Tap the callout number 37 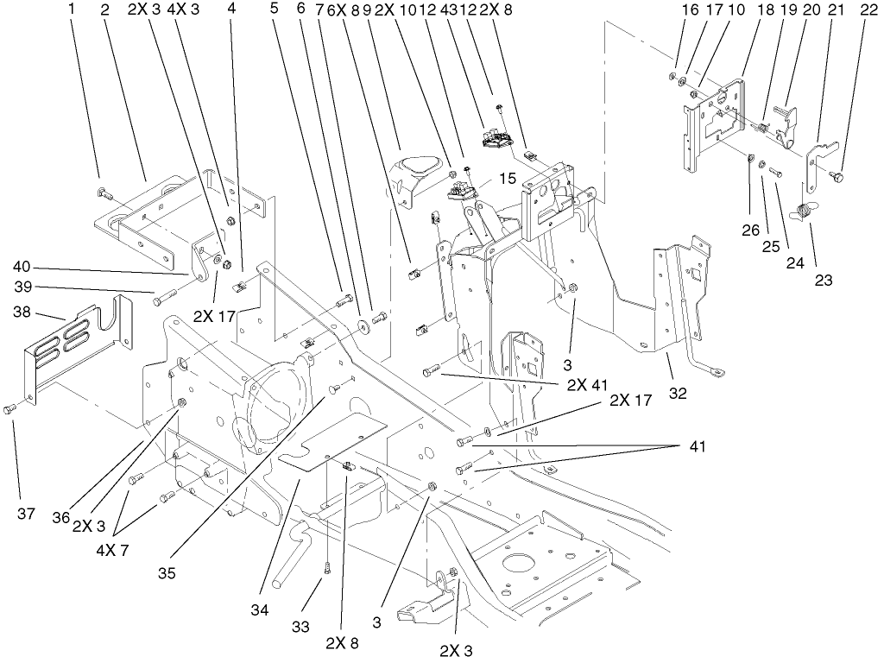click(26, 514)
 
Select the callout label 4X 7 click(112, 550)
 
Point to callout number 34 click(260, 610)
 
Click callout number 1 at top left click(73, 10)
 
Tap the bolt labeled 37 click(10, 407)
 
